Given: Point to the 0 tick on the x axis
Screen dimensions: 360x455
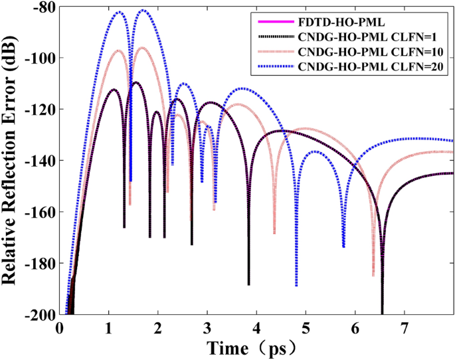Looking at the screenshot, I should [x=60, y=327].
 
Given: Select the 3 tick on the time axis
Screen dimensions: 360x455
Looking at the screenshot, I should [x=207, y=327].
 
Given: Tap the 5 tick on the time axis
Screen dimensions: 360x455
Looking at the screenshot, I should [x=306, y=327].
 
